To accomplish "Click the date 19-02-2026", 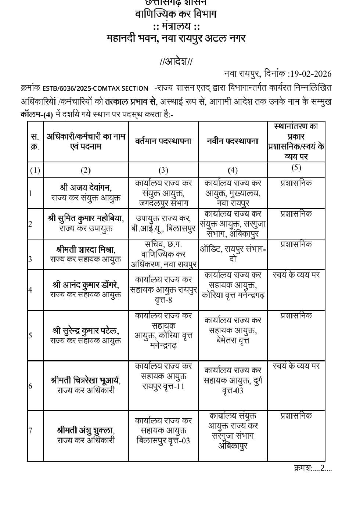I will [x=310, y=74].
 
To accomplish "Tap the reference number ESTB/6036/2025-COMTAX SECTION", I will [x=95, y=89].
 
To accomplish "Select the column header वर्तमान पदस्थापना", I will [x=163, y=141].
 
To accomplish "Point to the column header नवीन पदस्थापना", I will [x=233, y=141].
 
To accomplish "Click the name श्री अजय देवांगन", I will [x=86, y=188].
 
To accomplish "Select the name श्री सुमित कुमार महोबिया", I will [x=86, y=218].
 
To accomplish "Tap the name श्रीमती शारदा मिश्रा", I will [x=86, y=249].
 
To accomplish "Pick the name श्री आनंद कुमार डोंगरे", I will [x=86, y=284].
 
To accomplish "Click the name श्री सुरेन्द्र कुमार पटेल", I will [x=86, y=331].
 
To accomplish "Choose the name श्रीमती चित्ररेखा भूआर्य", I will [x=86, y=380].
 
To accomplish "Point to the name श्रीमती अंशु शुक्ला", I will [x=86, y=430].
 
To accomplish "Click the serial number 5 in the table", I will [x=30, y=335].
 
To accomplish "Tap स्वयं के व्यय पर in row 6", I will [x=296, y=366].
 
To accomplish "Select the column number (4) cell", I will [x=233, y=170].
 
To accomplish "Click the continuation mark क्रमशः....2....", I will [x=313, y=468].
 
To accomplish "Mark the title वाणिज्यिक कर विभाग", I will [x=176, y=14].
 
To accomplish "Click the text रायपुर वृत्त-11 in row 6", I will [x=163, y=386].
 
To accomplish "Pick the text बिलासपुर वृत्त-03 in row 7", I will [x=163, y=440].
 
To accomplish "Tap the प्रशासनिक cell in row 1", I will [x=296, y=183].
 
